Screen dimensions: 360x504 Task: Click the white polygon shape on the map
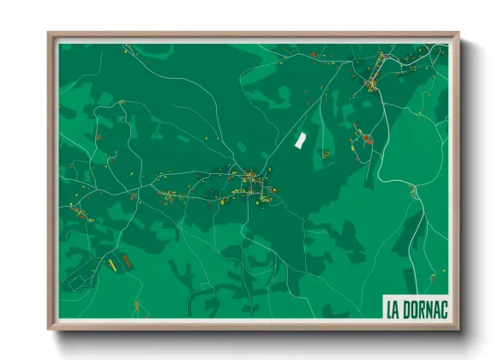(x=301, y=140)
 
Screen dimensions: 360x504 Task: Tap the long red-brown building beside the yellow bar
(x=126, y=259)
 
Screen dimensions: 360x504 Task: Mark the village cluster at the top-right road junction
(x=371, y=83)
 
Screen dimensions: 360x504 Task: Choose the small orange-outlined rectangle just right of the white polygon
(x=326, y=153)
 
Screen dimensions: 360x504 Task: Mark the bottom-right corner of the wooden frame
(x=459, y=329)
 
